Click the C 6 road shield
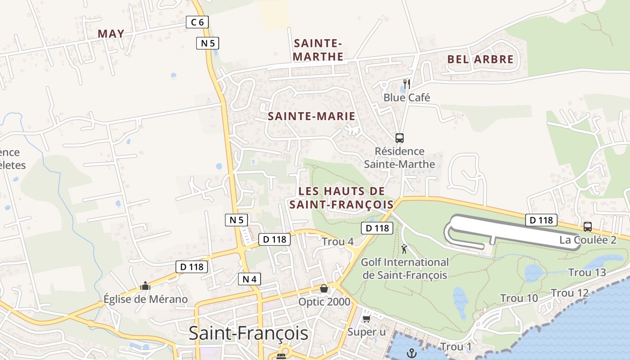click(x=197, y=22)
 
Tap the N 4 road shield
click(x=249, y=279)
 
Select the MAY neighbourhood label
click(x=111, y=34)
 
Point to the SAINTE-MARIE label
click(x=311, y=116)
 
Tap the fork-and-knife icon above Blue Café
click(x=406, y=84)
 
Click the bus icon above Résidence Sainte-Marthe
click(x=399, y=138)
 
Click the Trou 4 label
click(x=337, y=242)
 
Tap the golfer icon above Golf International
click(x=405, y=249)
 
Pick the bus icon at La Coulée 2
click(x=587, y=226)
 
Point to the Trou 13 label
click(x=587, y=272)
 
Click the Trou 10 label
click(x=519, y=298)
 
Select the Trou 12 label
click(x=570, y=293)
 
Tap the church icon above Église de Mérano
click(x=145, y=286)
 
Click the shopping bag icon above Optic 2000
click(x=324, y=288)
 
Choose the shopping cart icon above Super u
click(x=366, y=319)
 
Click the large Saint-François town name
click(x=248, y=333)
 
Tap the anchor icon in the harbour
click(x=412, y=353)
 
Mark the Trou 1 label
click(x=456, y=347)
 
